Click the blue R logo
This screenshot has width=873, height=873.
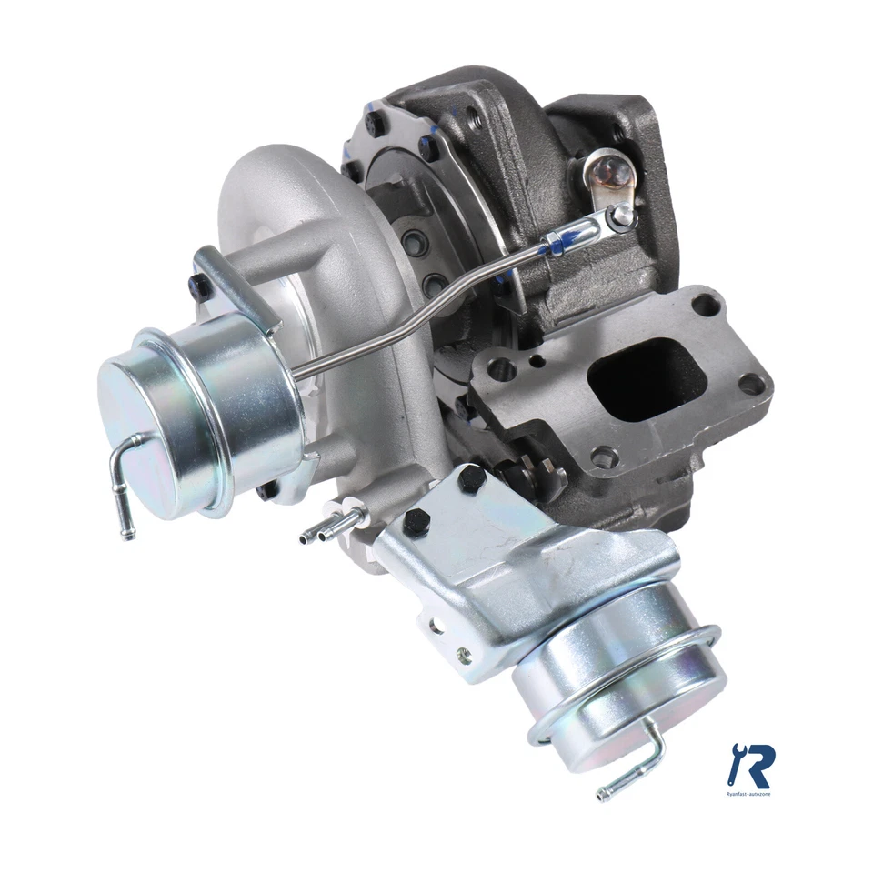(751, 765)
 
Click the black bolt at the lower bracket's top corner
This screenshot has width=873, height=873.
(472, 478)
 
